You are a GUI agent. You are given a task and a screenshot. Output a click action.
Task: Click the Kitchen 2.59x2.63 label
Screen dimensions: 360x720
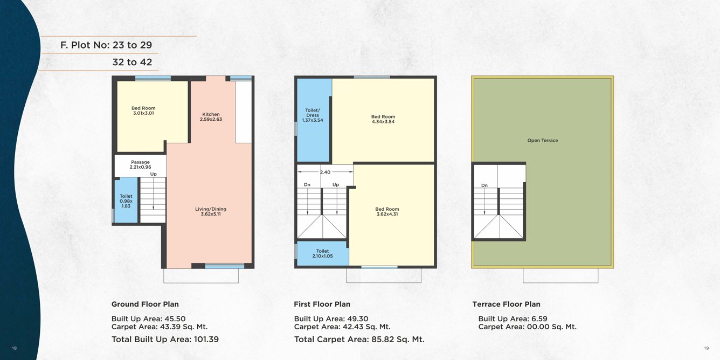(x=211, y=116)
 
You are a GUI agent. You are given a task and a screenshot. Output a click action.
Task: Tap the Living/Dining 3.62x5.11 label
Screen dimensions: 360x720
(x=211, y=211)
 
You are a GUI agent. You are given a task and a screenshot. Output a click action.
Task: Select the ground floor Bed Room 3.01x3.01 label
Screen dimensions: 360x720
(x=143, y=110)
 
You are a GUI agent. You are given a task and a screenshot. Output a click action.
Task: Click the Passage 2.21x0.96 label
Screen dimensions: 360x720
(x=140, y=164)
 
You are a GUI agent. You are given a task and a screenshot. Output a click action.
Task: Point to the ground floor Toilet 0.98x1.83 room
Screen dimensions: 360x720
(x=126, y=201)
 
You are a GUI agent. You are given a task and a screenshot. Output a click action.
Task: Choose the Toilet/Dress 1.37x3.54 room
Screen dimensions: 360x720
(x=313, y=115)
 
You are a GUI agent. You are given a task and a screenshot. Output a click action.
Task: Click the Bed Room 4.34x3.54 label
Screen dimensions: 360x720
(x=383, y=119)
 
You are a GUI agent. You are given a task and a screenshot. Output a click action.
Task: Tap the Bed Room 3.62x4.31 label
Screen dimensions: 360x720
(x=387, y=211)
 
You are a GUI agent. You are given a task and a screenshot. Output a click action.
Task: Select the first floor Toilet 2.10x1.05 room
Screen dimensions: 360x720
(x=322, y=253)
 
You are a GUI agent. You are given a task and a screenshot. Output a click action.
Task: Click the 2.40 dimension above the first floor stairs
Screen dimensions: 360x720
(x=325, y=172)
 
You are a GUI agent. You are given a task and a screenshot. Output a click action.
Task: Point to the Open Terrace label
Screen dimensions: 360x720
(x=543, y=141)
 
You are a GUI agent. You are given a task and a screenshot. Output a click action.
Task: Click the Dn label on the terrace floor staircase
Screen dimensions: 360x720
(x=484, y=185)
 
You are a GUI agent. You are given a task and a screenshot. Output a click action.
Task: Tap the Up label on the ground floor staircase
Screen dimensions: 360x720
(x=154, y=174)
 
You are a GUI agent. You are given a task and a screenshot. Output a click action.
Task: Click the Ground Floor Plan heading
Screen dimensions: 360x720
(x=145, y=304)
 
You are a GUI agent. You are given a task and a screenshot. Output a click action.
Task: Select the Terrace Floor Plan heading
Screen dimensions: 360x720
(x=506, y=304)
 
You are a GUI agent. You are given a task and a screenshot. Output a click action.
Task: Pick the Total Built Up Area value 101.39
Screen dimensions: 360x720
(x=204, y=340)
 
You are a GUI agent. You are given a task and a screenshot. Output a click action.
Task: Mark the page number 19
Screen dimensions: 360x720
(x=706, y=348)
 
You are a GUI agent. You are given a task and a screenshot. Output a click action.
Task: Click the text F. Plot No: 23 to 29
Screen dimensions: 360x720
(x=106, y=45)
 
